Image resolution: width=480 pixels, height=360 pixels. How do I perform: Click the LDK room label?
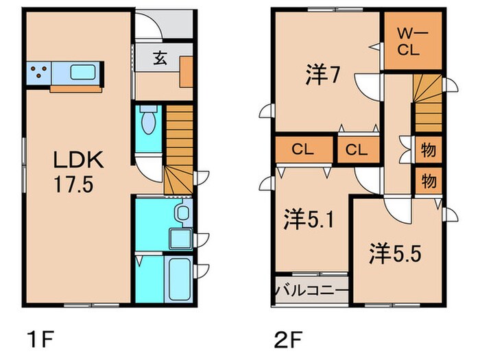(79, 162)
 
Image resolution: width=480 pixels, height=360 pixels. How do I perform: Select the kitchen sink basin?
(83, 71)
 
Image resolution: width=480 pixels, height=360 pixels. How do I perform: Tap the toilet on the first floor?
(148, 123)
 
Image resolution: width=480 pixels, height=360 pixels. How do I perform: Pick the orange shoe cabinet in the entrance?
(187, 72)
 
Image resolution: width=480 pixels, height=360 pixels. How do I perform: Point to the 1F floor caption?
(39, 339)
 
